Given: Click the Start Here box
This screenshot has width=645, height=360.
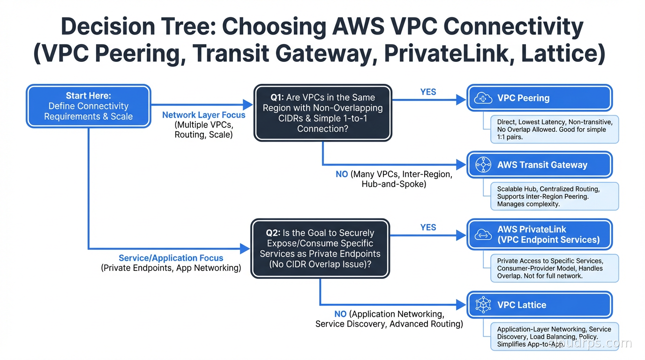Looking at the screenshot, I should click(x=89, y=106).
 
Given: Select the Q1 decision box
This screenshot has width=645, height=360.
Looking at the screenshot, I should click(x=322, y=112).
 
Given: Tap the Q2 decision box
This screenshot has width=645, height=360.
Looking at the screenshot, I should click(x=321, y=248).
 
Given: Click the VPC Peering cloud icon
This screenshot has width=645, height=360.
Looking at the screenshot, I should click(x=483, y=98).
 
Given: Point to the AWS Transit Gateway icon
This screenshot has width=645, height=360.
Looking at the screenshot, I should click(x=483, y=165).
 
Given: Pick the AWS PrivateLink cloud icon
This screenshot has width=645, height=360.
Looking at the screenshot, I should click(x=483, y=235).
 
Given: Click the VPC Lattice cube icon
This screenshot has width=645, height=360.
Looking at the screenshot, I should click(x=483, y=305).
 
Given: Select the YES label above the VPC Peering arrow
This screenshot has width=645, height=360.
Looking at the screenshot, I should click(x=428, y=92).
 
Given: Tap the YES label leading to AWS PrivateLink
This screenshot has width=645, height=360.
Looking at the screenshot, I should click(x=428, y=227).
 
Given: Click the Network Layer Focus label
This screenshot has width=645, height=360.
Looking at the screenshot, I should click(x=203, y=115).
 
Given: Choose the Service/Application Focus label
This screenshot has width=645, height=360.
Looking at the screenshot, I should click(x=171, y=258).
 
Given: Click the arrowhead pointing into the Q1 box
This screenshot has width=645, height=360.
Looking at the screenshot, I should click(x=248, y=105).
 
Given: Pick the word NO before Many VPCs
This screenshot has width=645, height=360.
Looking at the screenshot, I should click(x=342, y=174).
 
